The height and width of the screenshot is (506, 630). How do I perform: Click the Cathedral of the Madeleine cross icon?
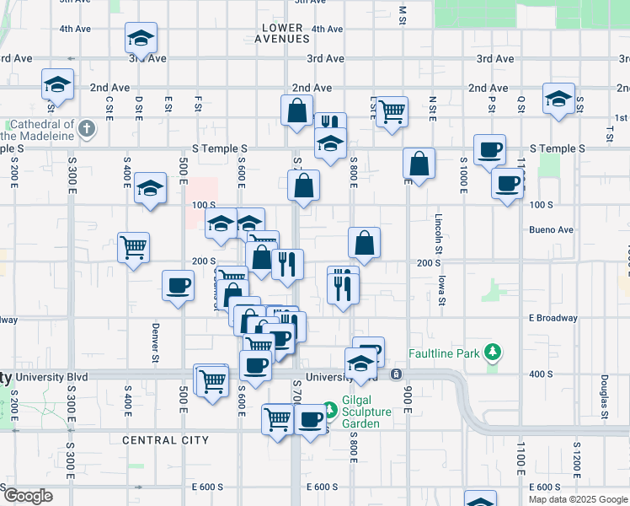[x=88, y=129]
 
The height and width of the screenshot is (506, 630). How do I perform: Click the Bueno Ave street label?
[x=551, y=229]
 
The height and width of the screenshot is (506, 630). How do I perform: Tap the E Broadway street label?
[x=553, y=318]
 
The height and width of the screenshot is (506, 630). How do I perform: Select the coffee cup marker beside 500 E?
[x=178, y=287]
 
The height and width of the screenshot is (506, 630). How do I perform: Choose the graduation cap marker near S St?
[x=558, y=99]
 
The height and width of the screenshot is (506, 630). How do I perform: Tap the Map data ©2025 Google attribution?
[x=578, y=499]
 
